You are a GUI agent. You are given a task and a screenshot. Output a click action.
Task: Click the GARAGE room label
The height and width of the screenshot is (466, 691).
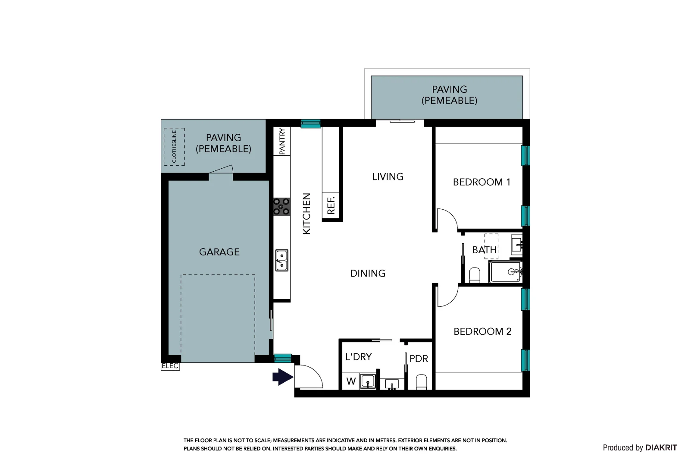pos(219,252)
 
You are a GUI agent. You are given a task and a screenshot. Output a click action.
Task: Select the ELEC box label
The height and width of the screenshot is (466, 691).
pos(170,366)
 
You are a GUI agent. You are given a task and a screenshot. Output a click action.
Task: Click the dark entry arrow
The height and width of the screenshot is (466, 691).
pos(283,377)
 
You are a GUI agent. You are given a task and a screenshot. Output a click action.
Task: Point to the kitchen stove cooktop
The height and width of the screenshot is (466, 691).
pos(281,207)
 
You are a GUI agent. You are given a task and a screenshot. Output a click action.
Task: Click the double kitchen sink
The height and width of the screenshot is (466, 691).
pos(281,260)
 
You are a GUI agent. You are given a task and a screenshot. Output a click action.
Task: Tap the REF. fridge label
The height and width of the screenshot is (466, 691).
pos(331,204)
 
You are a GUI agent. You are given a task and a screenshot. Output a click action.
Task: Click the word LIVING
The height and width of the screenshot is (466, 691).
pos(388,176)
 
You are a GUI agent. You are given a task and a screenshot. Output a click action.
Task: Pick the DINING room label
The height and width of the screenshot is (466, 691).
pos(368,273)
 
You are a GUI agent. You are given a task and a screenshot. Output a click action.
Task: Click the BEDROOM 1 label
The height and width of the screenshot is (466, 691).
pos(482,182)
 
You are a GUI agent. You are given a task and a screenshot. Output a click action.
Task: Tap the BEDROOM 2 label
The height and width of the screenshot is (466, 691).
pos(482,332)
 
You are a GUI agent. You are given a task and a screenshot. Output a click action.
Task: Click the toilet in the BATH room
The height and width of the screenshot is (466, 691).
pos(475,275)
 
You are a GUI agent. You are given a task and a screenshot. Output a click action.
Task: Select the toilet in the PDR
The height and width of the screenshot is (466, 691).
pos(422,382)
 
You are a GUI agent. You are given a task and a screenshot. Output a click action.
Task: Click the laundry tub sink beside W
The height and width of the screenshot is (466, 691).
pos(368,381)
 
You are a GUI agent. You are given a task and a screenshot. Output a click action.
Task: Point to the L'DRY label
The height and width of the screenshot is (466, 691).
pos(359,357)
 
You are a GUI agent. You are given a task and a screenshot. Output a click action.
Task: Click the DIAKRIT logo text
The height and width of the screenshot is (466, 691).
pos(661,448)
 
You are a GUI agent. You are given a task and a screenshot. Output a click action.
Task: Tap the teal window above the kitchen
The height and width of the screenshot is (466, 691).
pos(311,124)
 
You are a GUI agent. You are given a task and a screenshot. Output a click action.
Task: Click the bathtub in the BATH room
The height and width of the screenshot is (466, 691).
pos(505,272)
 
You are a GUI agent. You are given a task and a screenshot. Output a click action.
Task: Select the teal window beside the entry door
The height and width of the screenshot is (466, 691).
pos(283,358)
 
